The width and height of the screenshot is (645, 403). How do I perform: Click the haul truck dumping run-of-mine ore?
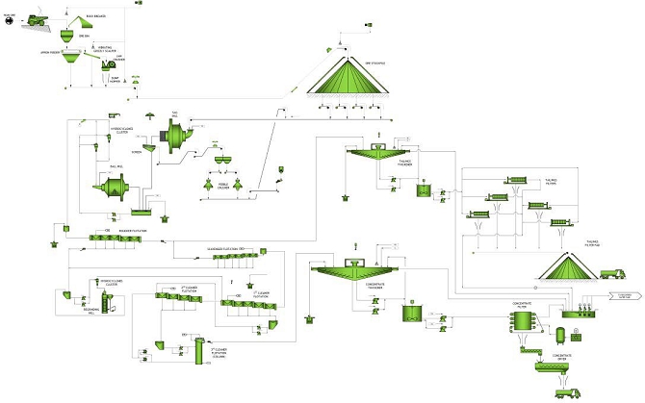pyautogui.click(x=38, y=18)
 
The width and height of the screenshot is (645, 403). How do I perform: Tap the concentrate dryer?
pyautogui.click(x=552, y=365)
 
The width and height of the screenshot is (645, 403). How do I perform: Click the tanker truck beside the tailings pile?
pyautogui.click(x=612, y=274)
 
